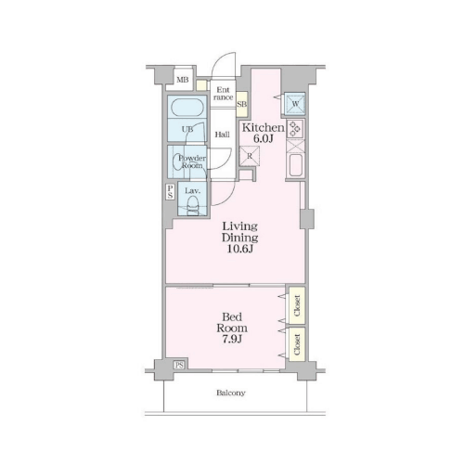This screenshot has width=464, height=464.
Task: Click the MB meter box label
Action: pos(183,80)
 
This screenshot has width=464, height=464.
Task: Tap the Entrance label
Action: pos(224,94)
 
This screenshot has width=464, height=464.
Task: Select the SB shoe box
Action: pos(242,104)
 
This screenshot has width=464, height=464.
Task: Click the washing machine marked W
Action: pos(295,104)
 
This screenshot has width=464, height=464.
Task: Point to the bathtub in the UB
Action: pos(187,108)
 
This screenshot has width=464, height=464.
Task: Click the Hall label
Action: pos(223,135)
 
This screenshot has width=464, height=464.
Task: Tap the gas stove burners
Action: pos(295,128)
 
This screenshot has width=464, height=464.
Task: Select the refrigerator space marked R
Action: pos(250,156)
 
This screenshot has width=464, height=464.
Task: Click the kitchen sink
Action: pos(295,164)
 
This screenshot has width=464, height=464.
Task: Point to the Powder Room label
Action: pos(192,161)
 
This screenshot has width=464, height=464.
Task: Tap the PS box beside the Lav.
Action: pos(170,192)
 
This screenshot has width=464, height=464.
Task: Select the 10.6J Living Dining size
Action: pos(240,249)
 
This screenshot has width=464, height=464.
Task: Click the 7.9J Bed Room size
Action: pos(232,339)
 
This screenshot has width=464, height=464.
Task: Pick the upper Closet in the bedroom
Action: pos(297,305)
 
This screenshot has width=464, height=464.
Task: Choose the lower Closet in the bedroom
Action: pos(297,344)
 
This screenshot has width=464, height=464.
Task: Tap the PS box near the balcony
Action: pos(179,365)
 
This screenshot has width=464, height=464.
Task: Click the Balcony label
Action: pos(231,393)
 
